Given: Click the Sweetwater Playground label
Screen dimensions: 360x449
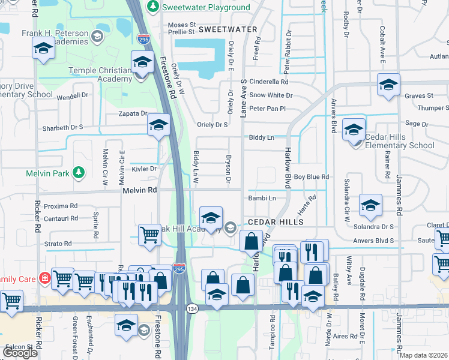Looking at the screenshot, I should tap(206, 7).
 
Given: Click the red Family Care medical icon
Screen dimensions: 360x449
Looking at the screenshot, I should tap(44, 278).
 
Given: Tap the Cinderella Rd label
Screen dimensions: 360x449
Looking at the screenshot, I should tap(269, 82).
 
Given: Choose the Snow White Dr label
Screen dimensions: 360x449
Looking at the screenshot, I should tap(271, 95).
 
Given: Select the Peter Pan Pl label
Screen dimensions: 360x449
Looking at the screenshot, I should tap(267, 109).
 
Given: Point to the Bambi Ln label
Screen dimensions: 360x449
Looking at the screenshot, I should tap(262, 198).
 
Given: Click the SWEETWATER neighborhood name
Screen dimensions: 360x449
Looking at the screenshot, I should tap(228, 29).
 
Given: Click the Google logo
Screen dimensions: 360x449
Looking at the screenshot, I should tap(20, 353).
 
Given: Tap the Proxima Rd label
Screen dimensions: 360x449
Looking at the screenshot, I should tap(60, 206).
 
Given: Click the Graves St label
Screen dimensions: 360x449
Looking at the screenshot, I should tap(418, 95).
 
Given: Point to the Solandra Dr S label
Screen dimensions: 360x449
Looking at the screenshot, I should tap(373, 227).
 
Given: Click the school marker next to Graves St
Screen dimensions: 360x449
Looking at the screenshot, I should tap(388, 84).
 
